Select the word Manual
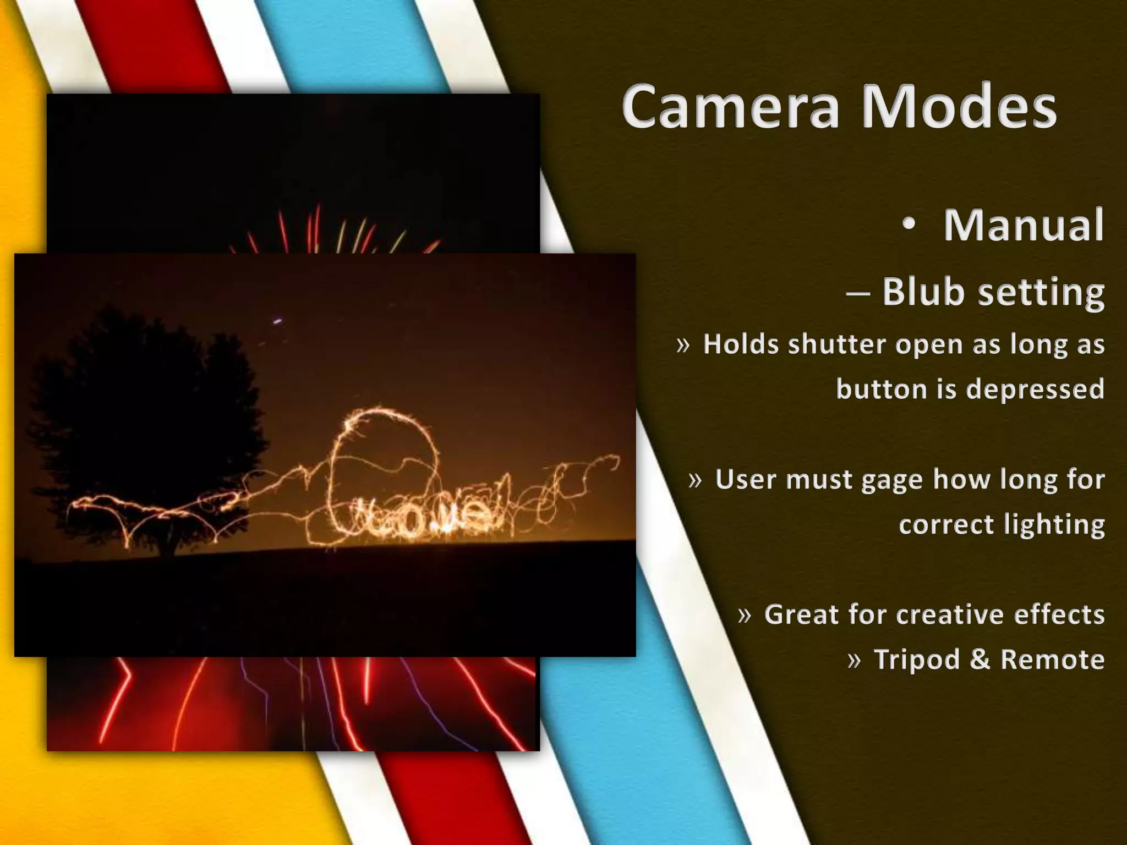pos(1024,225)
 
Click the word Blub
pos(923,291)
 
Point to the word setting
pos(1041,293)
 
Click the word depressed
pos(1035,389)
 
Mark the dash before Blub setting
pos(858,293)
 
